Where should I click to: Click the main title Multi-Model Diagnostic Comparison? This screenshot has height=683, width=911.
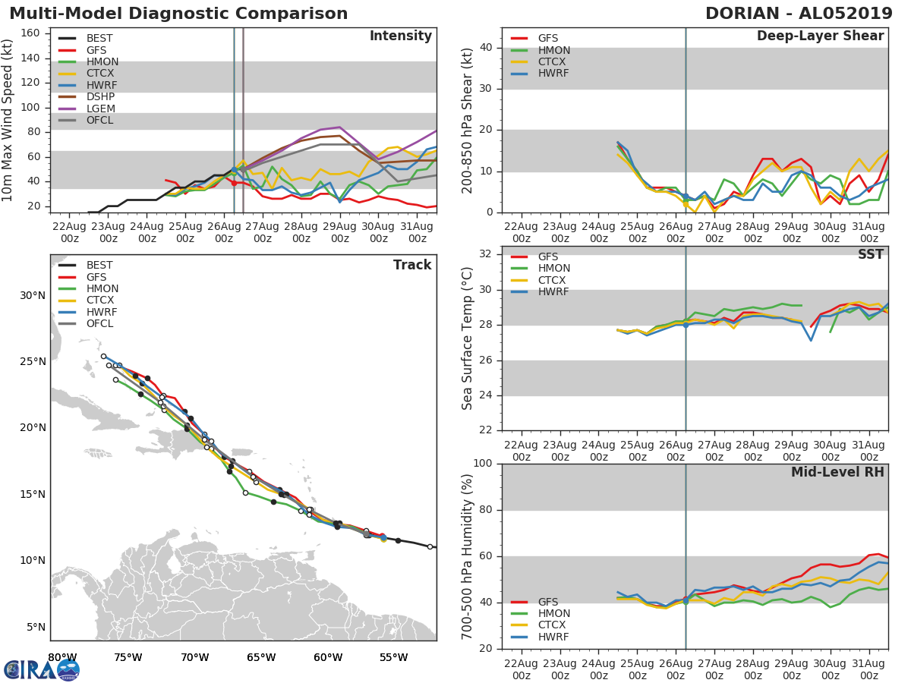pos(178,14)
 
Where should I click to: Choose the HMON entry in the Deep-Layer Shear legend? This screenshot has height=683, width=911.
pos(553,50)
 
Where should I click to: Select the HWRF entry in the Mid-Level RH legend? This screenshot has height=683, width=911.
pos(553,637)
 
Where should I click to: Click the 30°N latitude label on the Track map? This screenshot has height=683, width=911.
pos(33,295)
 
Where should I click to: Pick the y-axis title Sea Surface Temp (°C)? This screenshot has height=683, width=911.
pos(468,338)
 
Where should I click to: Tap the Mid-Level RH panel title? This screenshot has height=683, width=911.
pos(837,473)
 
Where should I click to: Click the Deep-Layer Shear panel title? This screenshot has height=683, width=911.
pos(820,36)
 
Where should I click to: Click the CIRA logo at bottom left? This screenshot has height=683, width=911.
pos(42,669)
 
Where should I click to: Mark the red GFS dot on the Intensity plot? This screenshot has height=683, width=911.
pos(234,183)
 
